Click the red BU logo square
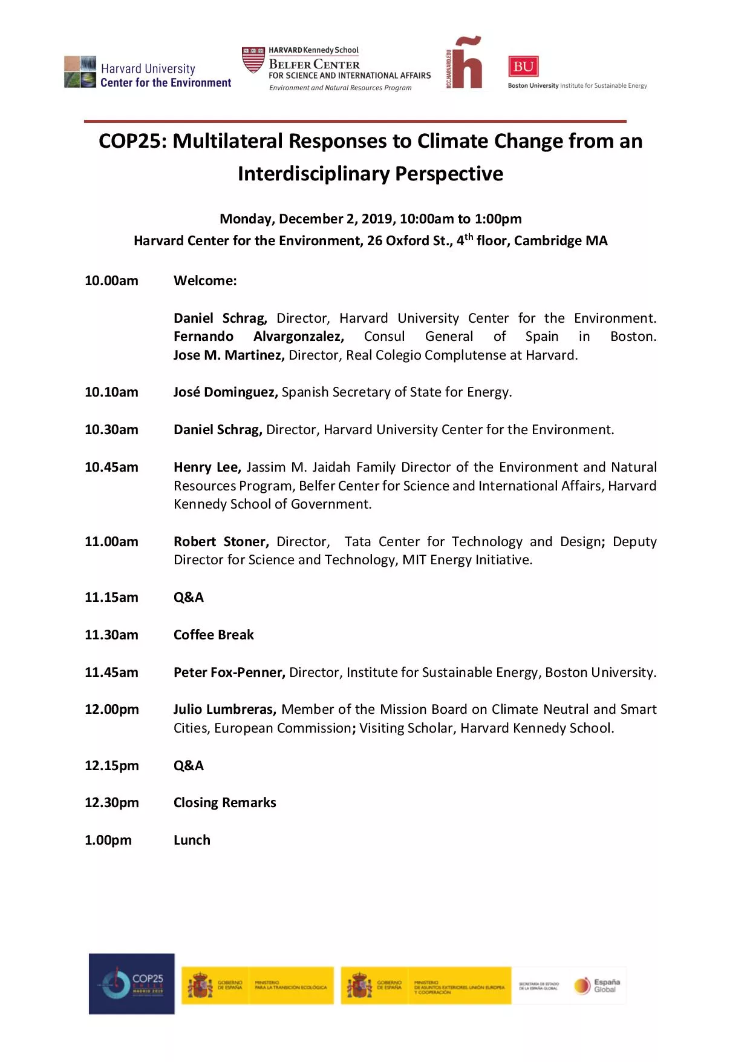[523, 67]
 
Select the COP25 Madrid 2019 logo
[131, 983]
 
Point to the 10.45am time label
[111, 467]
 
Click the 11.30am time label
[111, 635]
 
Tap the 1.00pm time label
[108, 840]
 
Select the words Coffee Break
[214, 635]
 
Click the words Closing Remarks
[224, 803]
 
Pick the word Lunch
[192, 840]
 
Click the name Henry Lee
[207, 467]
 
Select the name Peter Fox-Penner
[229, 673]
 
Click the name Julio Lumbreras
[224, 710]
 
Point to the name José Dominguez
[225, 392]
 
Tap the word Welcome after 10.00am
[204, 281]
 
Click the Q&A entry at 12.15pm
[188, 766]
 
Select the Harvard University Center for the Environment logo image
[80, 72]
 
